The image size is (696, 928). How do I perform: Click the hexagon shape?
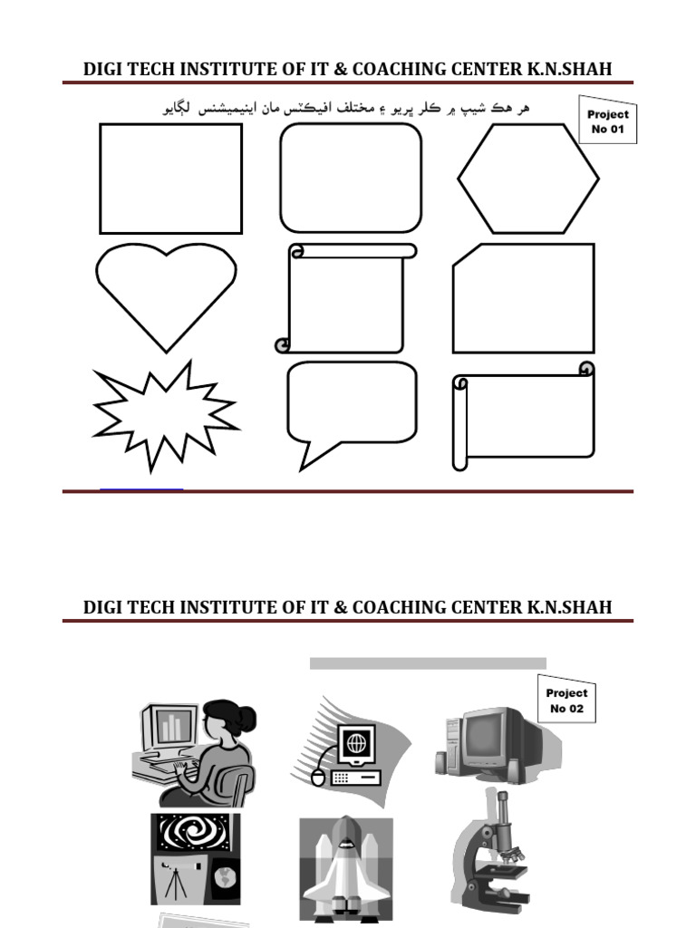(x=528, y=179)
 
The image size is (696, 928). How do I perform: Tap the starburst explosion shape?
(x=165, y=417)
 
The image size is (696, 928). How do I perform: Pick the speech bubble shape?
(x=351, y=403)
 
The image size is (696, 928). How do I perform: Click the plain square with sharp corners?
(x=170, y=179)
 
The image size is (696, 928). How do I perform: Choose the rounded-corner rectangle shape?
(x=351, y=179)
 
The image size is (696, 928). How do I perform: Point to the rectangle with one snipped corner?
(x=524, y=298)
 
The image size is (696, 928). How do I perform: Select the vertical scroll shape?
(x=346, y=298)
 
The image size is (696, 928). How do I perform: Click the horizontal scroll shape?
(x=524, y=420)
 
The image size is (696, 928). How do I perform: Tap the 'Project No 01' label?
(x=607, y=121)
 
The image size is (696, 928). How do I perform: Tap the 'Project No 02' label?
(x=567, y=700)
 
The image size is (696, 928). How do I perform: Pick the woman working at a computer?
(x=195, y=752)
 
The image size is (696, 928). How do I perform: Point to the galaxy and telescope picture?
(x=195, y=857)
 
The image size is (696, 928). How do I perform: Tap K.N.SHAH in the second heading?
(x=570, y=607)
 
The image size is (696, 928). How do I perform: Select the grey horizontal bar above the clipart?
(x=428, y=663)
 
